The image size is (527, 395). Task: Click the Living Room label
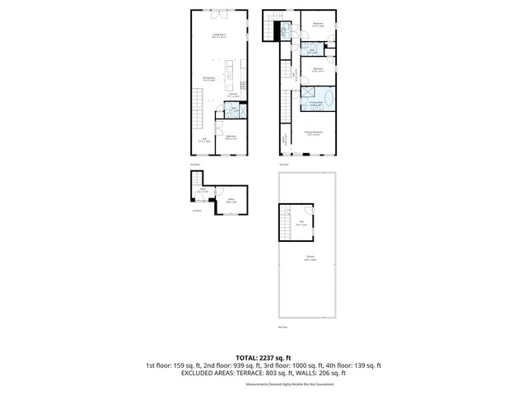218,35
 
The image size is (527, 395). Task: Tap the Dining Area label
210,79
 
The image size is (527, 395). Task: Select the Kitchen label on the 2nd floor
233,95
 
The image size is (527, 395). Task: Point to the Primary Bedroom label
313,132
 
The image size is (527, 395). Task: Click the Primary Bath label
315,103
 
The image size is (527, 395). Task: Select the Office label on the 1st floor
231,200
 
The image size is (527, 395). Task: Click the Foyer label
203,191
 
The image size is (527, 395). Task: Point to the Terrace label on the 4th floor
310,258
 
